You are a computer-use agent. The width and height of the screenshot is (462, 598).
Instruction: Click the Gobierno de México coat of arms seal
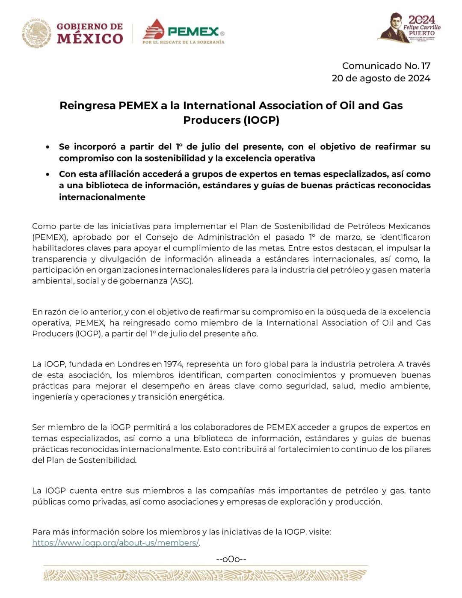point(36,33)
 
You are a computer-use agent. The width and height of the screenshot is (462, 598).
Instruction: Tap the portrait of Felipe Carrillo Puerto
point(393,27)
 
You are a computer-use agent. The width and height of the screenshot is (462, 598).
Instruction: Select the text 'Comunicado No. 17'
point(386,66)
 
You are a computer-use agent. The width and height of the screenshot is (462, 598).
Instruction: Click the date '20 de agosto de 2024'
point(381,78)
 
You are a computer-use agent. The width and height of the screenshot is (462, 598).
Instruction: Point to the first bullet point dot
point(48,147)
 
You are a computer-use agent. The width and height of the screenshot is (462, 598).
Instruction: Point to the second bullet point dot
point(48,174)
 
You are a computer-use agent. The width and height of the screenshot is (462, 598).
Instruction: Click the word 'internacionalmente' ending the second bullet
point(102,197)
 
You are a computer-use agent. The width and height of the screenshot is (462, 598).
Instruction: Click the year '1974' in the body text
point(173,364)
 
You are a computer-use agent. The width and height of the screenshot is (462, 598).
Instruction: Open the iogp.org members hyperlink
point(115,543)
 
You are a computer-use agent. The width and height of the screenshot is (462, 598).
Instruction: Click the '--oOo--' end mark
point(231,559)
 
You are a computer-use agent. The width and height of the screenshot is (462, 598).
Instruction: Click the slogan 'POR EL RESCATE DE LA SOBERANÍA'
point(183,42)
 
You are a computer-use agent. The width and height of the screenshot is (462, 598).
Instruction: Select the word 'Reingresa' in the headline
point(87,106)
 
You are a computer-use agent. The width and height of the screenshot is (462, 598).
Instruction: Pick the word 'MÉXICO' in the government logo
point(90,39)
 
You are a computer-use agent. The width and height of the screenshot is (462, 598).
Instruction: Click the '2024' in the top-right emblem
point(421,20)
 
